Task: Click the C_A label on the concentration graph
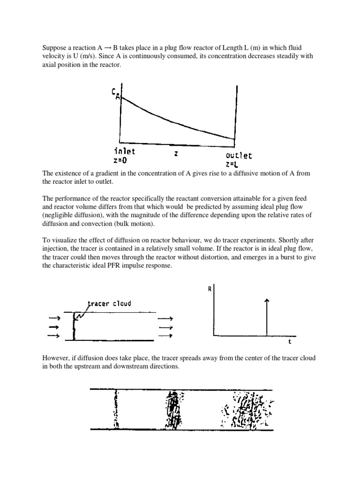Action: [x=115, y=94]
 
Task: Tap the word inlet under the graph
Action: [x=124, y=151]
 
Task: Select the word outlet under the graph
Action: [x=238, y=155]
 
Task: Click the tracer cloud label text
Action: [x=109, y=303]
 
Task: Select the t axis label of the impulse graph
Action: [x=290, y=342]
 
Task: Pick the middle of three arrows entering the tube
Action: [x=55, y=327]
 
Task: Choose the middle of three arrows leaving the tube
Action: [x=165, y=327]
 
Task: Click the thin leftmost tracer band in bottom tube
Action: [x=116, y=409]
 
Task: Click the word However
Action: [x=56, y=358]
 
